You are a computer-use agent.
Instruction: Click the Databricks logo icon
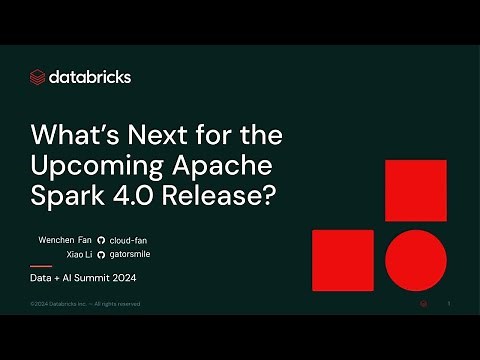click(38, 77)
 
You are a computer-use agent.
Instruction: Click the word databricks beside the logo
click(90, 77)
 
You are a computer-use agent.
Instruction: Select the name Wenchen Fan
click(63, 241)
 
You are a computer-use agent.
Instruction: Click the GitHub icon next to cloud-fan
click(101, 241)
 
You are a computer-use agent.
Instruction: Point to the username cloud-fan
click(129, 241)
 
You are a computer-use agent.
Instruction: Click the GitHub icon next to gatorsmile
click(101, 256)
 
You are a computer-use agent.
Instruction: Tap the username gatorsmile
click(131, 256)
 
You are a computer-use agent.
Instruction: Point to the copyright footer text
click(85, 303)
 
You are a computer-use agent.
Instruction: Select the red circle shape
click(415, 260)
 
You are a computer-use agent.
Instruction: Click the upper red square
click(415, 190)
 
